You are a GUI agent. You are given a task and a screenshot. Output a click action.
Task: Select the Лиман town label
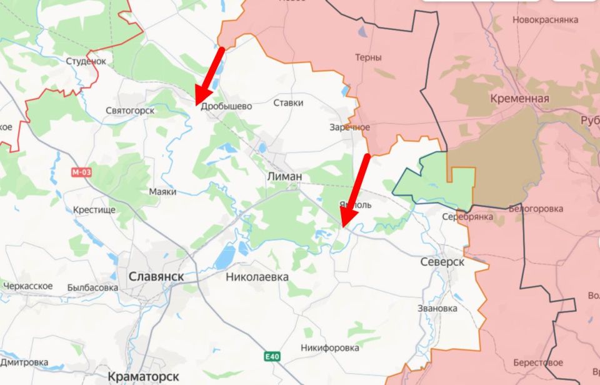tap(284, 177)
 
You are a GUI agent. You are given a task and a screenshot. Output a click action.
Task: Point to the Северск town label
tap(442, 262)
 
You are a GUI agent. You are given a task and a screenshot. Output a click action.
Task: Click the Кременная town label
tap(519, 99)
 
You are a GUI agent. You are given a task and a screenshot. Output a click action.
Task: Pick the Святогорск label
tap(130, 111)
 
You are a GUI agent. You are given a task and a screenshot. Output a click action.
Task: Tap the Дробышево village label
tap(227, 106)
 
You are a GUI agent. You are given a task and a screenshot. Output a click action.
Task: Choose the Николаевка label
tap(257, 276)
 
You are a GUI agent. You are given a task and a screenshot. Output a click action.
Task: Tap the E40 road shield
tap(271, 356)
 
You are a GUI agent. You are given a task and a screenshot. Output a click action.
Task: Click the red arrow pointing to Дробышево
tap(209, 75)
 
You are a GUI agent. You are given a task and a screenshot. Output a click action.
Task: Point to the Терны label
tap(368, 57)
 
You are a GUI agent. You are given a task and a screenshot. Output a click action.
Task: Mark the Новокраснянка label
tap(545, 20)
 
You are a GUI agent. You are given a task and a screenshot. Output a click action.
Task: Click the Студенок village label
tap(86, 61)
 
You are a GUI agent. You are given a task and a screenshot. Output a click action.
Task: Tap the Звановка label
tap(437, 308)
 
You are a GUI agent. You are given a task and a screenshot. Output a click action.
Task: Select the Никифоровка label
tap(329, 347)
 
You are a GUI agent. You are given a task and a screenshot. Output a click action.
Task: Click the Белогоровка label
tap(536, 209)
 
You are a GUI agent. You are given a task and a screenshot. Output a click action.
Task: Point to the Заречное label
tap(350, 127)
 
